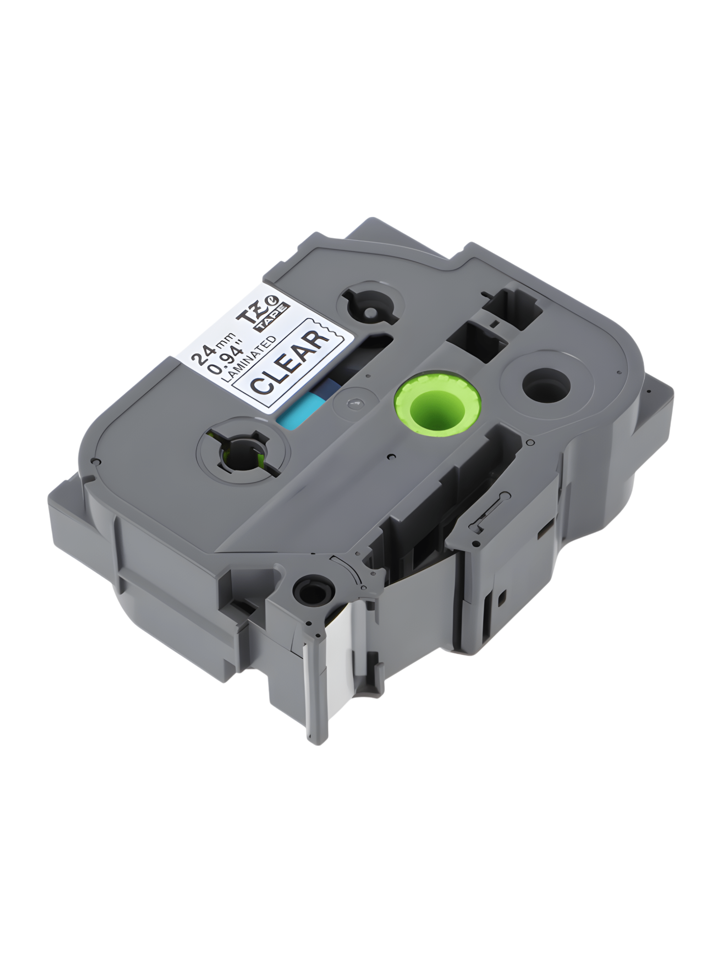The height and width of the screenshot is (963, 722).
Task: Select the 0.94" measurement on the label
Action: (x=227, y=356)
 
